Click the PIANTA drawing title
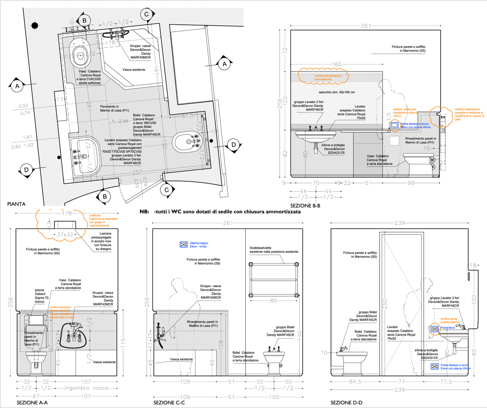click(x=16, y=204)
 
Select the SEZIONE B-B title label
click(x=305, y=206)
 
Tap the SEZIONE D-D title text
click(x=346, y=403)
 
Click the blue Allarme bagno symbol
click(x=184, y=245)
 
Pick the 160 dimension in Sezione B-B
click(x=336, y=64)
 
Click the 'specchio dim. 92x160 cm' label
click(x=337, y=92)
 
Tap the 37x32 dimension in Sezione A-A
click(x=65, y=235)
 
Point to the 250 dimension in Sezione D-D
click(x=385, y=304)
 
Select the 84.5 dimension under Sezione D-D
click(x=355, y=381)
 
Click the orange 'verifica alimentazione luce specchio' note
click(x=328, y=78)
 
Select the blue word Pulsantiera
click(x=447, y=328)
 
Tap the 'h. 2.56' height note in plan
click(x=120, y=121)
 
